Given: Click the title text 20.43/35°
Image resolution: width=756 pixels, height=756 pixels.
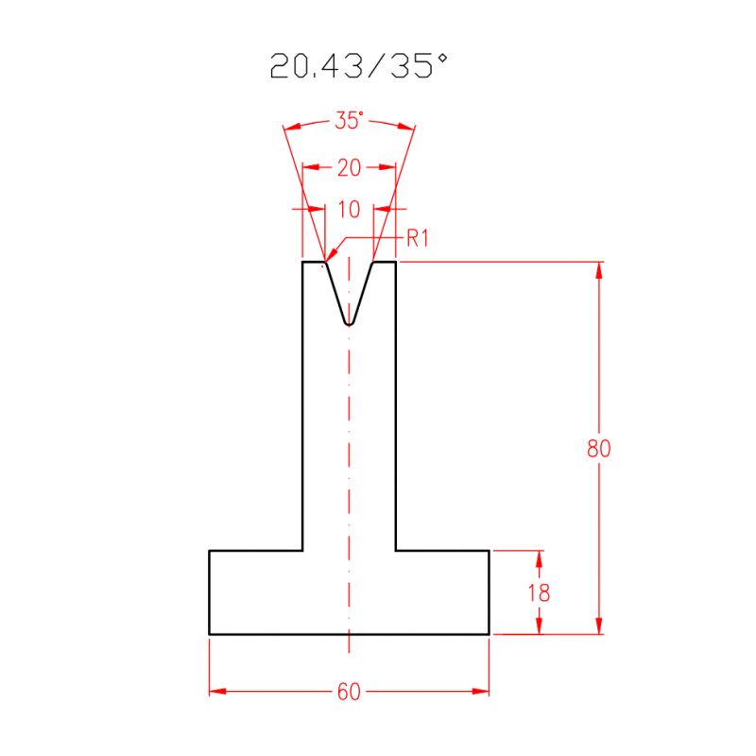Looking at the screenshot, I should tap(358, 66).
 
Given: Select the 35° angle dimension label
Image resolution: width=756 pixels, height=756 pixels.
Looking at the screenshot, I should tap(349, 121).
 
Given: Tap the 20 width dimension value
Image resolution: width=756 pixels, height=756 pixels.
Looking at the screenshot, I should tap(349, 168).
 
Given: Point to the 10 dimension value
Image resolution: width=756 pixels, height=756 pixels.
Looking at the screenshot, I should tap(349, 209).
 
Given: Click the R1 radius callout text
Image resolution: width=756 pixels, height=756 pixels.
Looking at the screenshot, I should tap(418, 238).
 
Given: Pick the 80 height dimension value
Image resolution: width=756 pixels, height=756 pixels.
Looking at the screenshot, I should tap(598, 449).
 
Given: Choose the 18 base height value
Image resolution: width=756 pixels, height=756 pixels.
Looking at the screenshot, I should tap(540, 593).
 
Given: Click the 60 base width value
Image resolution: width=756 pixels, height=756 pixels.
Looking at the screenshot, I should tap(349, 693).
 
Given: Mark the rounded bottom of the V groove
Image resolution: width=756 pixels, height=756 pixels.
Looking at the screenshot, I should tap(349, 323).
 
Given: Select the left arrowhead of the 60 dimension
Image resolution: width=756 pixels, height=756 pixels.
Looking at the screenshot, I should tap(215, 693).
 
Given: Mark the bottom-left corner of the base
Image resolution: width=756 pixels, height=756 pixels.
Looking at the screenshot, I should tap(209, 634).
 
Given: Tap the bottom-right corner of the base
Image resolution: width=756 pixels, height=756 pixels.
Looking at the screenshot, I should tap(490, 634).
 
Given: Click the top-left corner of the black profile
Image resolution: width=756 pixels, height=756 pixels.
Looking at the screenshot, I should tap(302, 262).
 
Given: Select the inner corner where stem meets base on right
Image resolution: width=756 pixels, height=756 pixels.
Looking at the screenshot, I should tap(396, 549).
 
